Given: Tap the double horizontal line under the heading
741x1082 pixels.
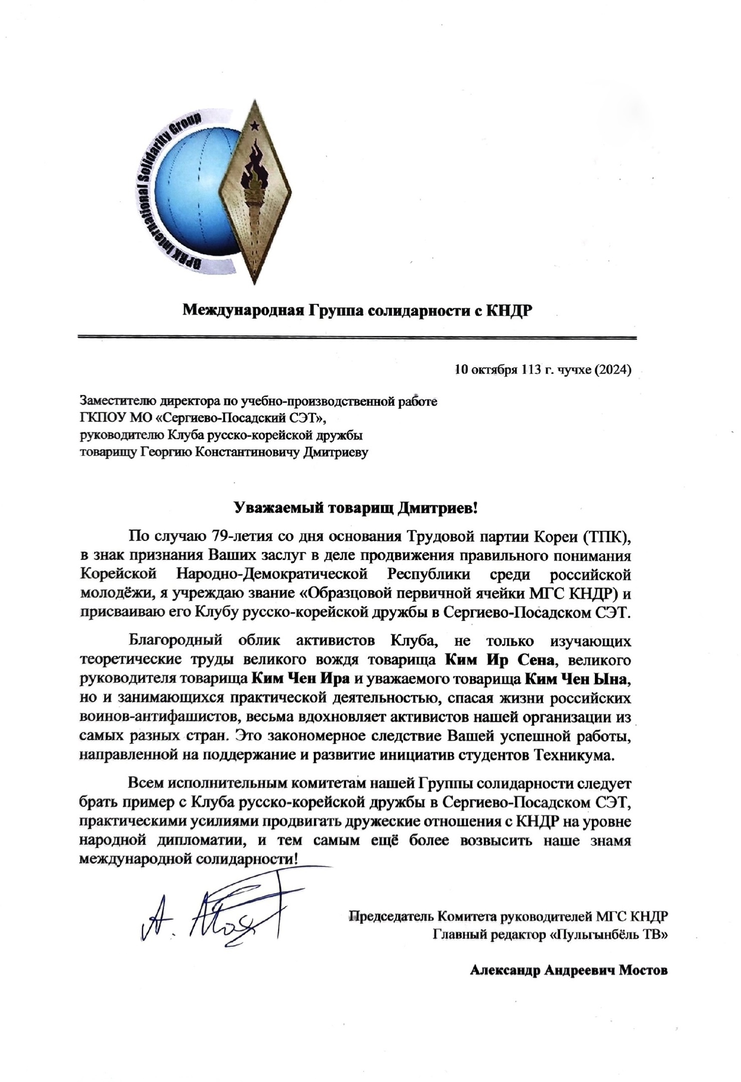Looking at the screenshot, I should tap(356, 338).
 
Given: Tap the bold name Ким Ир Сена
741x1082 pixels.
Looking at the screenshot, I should tap(500, 660).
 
